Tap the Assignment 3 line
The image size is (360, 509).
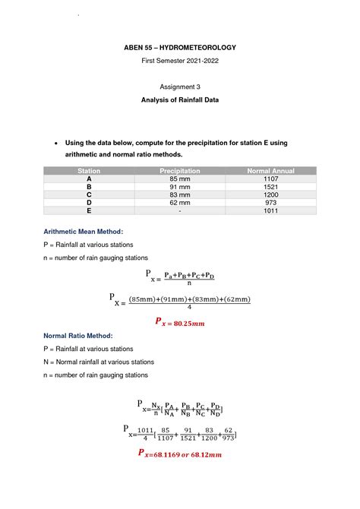(179, 87)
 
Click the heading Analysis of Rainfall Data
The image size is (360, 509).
(179, 100)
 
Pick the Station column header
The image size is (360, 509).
(89, 171)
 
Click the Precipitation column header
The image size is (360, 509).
(179, 171)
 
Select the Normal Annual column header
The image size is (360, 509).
(270, 171)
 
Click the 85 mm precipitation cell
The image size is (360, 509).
(179, 179)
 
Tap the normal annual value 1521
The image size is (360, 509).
(270, 187)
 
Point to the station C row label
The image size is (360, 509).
(89, 194)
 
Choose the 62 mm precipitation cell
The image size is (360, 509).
(179, 203)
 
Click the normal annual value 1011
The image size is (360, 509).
(270, 211)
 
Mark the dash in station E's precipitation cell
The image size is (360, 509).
(179, 211)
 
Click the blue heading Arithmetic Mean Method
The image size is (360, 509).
(83, 230)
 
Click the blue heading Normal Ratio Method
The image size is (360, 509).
(78, 335)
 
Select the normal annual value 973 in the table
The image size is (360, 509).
(270, 203)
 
